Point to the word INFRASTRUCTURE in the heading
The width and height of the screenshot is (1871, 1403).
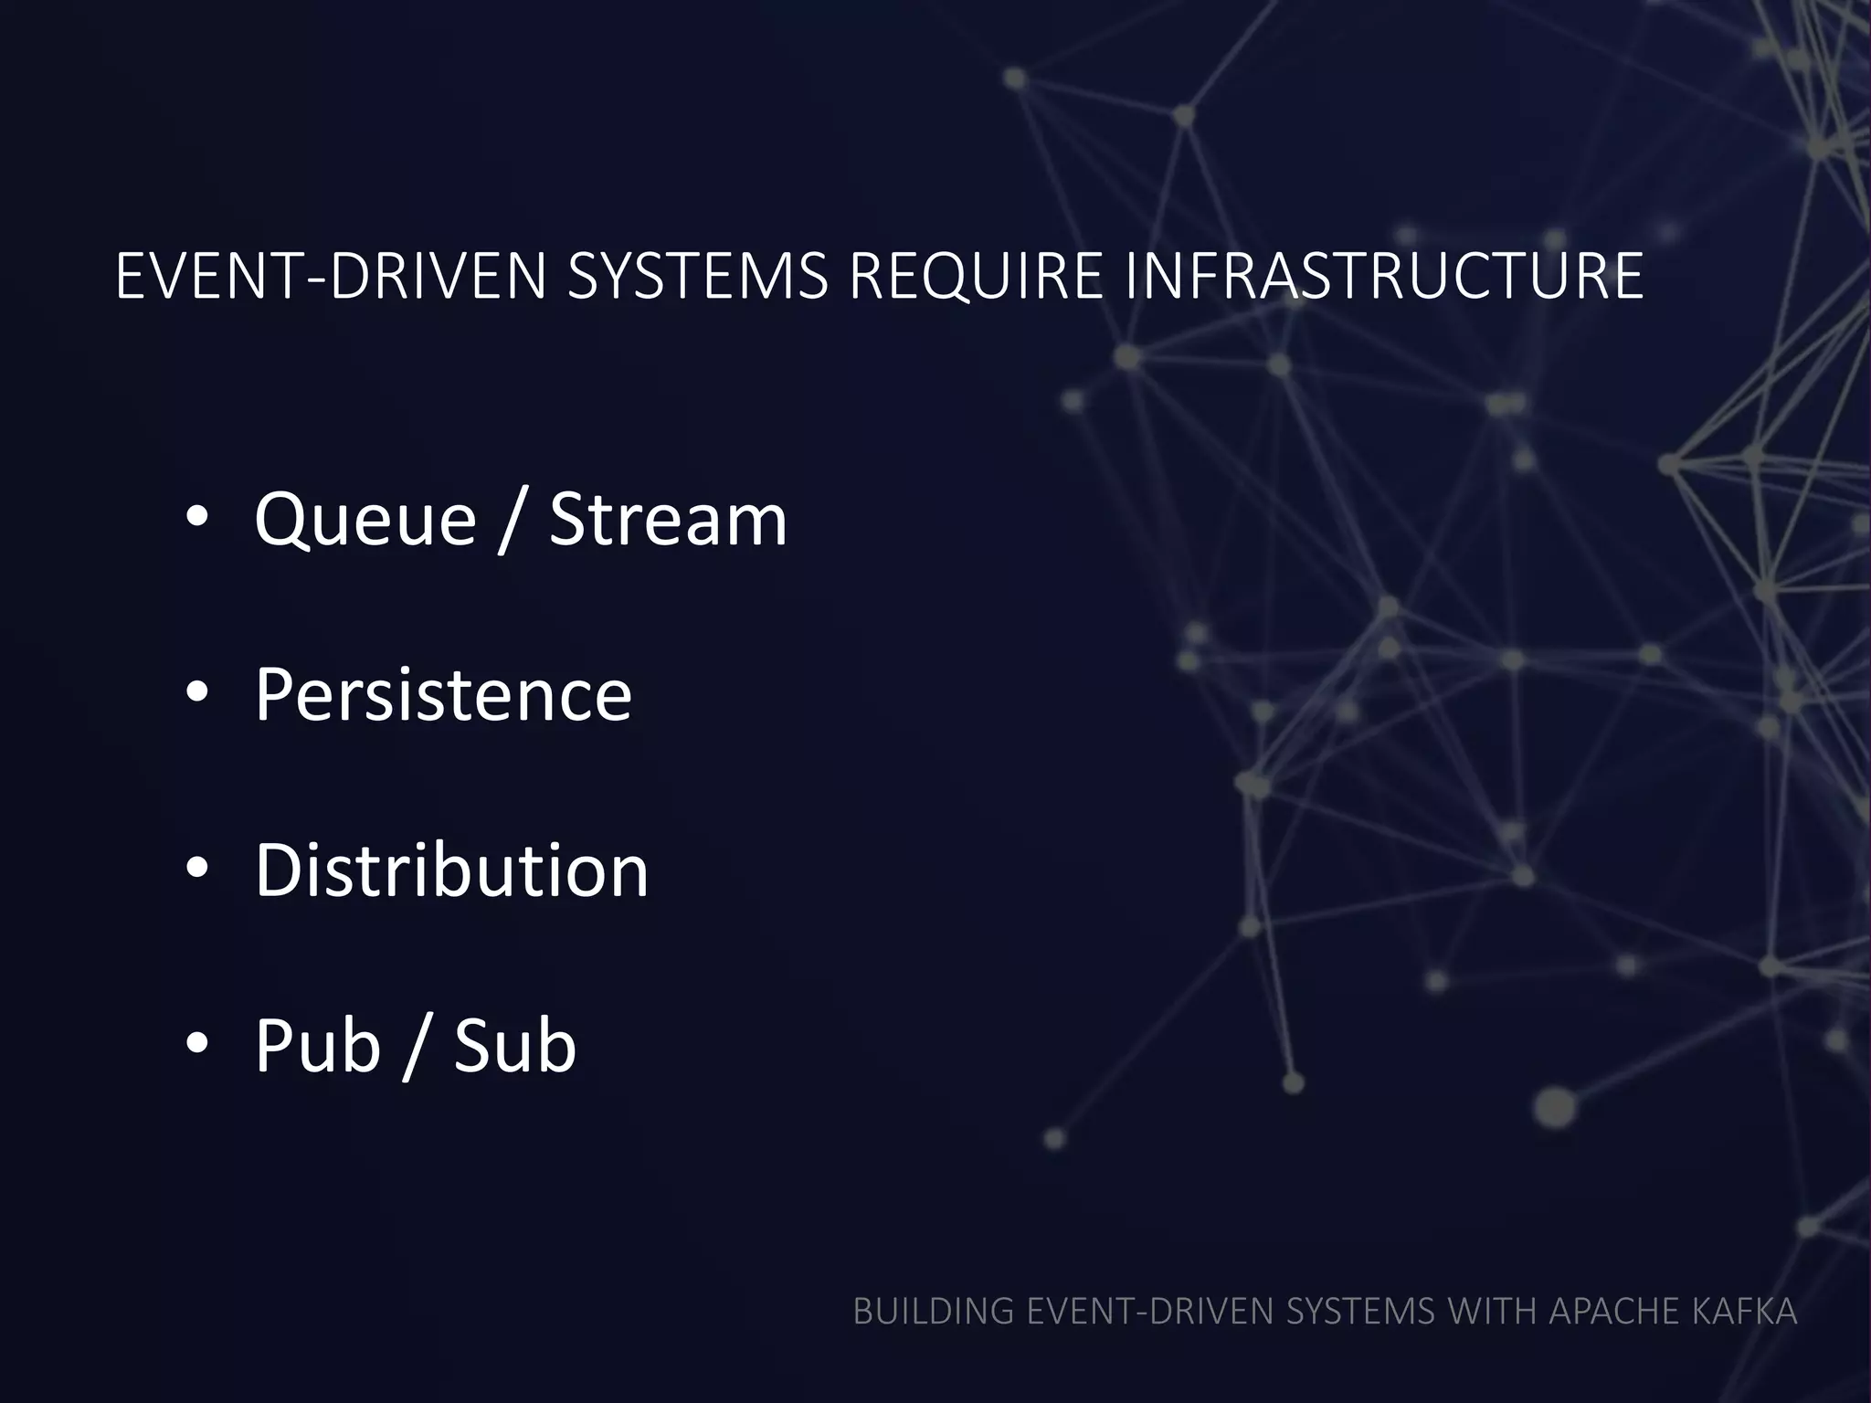[1384, 276]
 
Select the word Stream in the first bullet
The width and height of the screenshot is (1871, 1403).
[668, 519]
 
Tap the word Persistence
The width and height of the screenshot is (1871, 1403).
[443, 694]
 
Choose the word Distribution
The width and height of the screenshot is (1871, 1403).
[451, 870]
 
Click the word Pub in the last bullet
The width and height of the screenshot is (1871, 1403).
[317, 1046]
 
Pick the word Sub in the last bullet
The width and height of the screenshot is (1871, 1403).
[515, 1045]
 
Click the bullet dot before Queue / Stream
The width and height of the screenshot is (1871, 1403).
[197, 518]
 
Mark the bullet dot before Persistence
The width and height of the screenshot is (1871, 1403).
[197, 693]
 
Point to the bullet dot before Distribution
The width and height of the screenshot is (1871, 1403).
[197, 869]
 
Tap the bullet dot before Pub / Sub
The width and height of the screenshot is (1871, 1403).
[197, 1044]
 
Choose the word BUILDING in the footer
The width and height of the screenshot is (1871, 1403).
[933, 1312]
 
